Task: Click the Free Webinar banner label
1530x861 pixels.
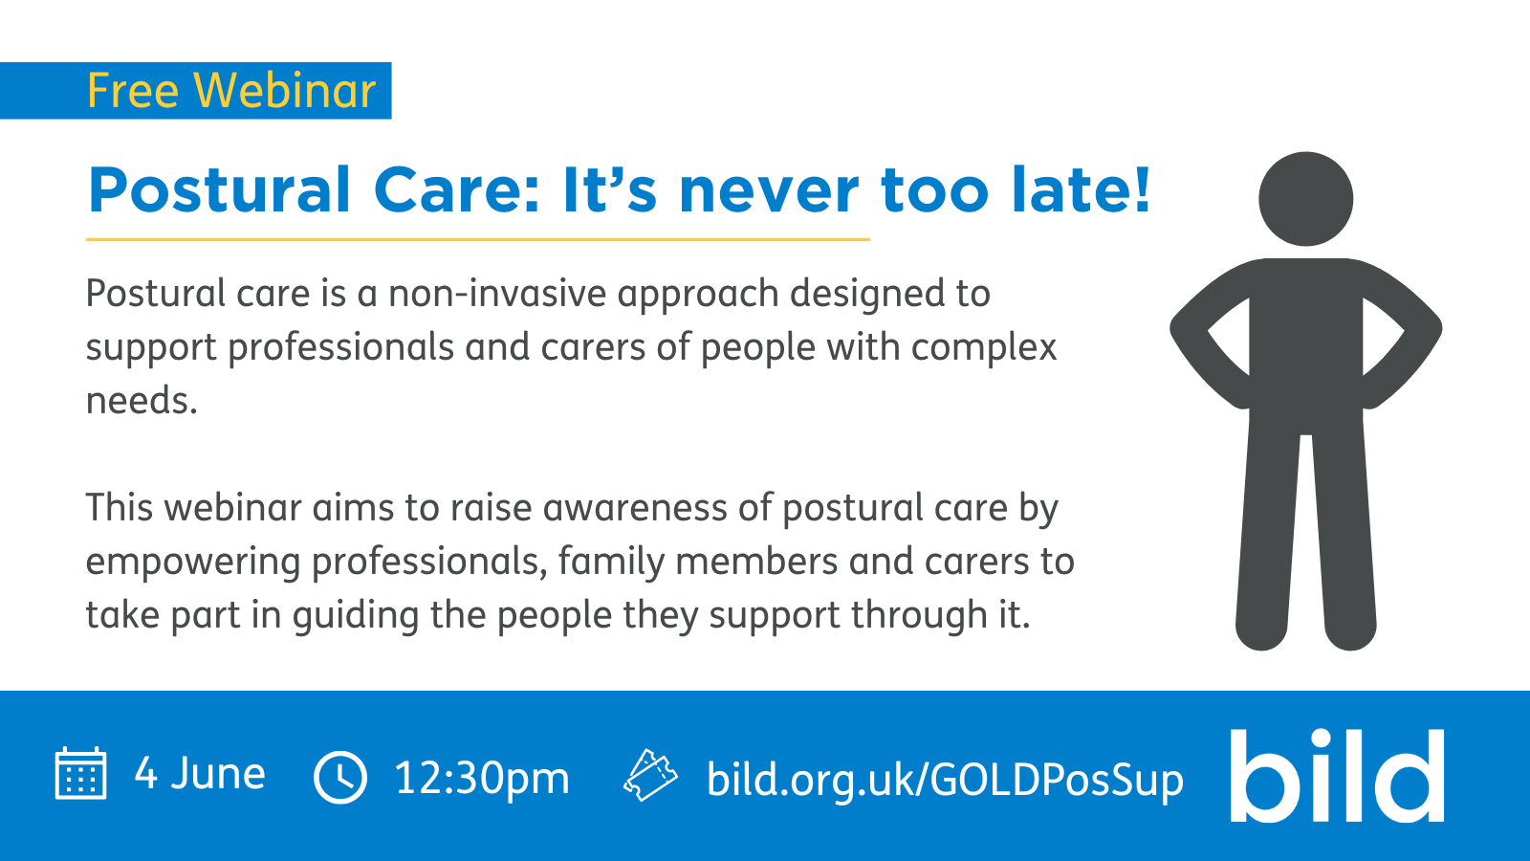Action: [231, 91]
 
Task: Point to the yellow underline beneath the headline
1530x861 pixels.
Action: [478, 239]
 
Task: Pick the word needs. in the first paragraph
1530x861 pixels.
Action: [142, 401]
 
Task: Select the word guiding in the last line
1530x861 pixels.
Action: [356, 615]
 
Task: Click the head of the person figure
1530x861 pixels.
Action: [1305, 199]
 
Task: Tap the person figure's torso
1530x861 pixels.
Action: [1305, 335]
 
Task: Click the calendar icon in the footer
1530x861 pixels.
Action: [80, 773]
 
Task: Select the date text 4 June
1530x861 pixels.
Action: [200, 773]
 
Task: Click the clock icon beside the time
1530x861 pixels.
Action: [340, 777]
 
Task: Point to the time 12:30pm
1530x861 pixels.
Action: [482, 778]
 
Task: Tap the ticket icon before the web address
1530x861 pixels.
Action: [650, 775]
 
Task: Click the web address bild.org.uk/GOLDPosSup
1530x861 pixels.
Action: [945, 779]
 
